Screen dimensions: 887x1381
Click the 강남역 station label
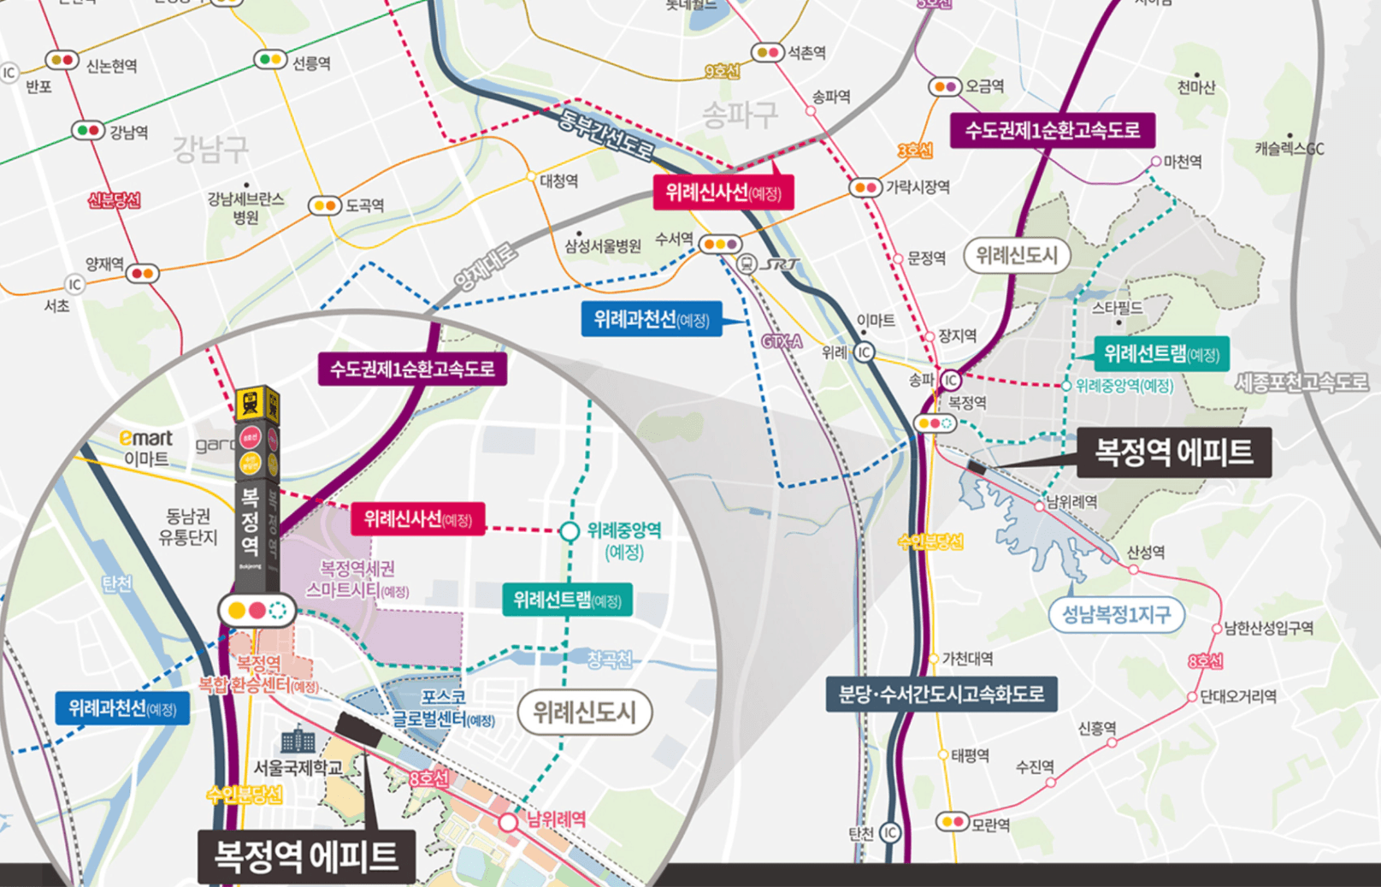coord(129,132)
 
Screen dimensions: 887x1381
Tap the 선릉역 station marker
coord(270,60)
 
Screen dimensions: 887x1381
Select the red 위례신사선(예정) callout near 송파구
coord(723,192)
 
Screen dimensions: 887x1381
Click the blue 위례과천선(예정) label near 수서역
coord(651,320)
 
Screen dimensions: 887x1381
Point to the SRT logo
coord(780,264)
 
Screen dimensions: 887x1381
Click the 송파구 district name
coord(739,115)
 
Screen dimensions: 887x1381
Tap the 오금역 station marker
coord(944,86)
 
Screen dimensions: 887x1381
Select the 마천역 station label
coord(1183,162)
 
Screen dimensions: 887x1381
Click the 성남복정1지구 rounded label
coord(1116,614)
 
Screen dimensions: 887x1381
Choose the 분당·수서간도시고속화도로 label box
coord(941,694)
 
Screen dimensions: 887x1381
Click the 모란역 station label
coord(991,825)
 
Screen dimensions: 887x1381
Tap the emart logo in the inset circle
coord(146,438)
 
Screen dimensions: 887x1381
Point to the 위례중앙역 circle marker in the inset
coord(570,531)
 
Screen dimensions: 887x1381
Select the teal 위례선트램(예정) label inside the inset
coord(566,600)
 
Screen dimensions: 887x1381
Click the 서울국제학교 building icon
coord(298,740)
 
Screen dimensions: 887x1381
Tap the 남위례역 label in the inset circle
coord(556,819)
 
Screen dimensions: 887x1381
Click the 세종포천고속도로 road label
coord(1301,382)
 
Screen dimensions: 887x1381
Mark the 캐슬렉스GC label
coord(1289,149)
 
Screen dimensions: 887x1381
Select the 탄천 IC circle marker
coord(890,832)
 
